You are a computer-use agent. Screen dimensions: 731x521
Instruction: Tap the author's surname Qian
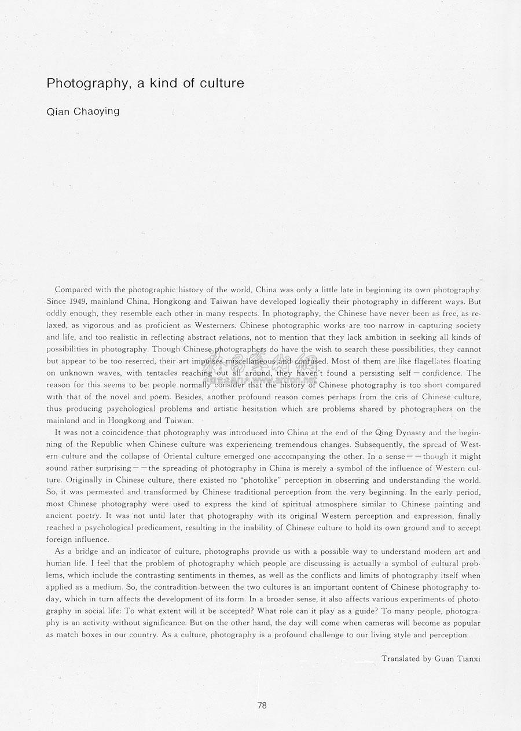click(x=58, y=111)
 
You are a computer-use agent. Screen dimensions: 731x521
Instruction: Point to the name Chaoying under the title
click(x=97, y=112)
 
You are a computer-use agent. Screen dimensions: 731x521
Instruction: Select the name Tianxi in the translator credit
click(x=468, y=659)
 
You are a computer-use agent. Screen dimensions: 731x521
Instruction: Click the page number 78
click(x=262, y=706)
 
